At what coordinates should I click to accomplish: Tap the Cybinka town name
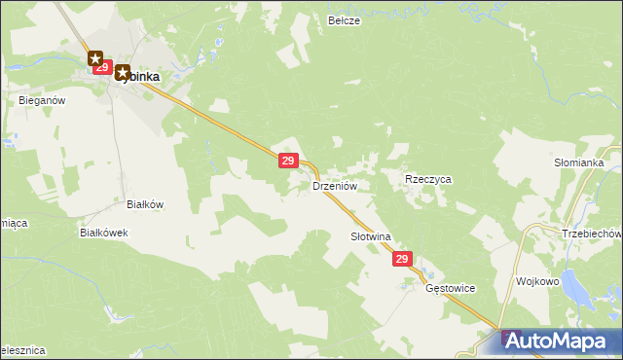pyautogui.click(x=142, y=75)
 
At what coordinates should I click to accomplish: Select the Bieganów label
pyautogui.click(x=41, y=99)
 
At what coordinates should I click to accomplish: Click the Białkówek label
pyautogui.click(x=104, y=234)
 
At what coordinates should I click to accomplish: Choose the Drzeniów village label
pyautogui.click(x=336, y=185)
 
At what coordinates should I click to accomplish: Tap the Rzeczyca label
pyautogui.click(x=428, y=180)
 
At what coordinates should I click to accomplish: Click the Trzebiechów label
pyautogui.click(x=592, y=234)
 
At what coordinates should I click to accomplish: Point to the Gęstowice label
pyautogui.click(x=450, y=289)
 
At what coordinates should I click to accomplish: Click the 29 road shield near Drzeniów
pyautogui.click(x=287, y=161)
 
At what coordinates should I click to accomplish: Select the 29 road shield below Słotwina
pyautogui.click(x=404, y=260)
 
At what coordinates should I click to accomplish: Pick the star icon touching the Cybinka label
pyautogui.click(x=123, y=72)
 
